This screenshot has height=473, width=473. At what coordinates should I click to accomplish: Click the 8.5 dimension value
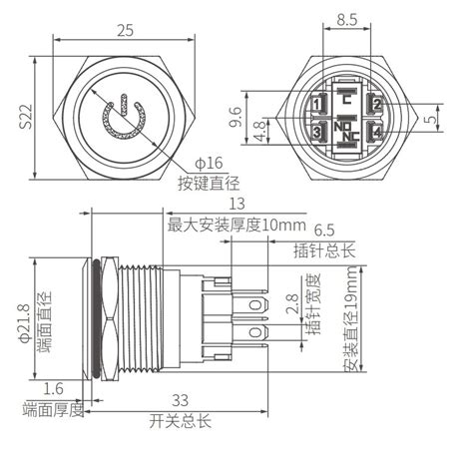347,18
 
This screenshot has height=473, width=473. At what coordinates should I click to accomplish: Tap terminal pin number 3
318,133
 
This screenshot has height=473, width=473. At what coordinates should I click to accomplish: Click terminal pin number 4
376,133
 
